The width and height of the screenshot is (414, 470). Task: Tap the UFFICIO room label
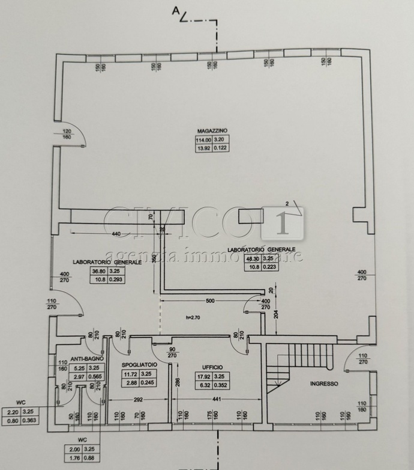coord(212,367)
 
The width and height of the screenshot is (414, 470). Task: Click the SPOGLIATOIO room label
coord(139,365)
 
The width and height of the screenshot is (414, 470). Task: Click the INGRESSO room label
coord(324,383)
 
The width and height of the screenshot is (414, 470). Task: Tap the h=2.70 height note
coord(196,317)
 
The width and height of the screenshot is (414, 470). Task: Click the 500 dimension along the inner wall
coord(209,301)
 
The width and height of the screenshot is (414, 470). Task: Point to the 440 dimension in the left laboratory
coord(116,233)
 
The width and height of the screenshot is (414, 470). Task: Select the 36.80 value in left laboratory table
coord(99,271)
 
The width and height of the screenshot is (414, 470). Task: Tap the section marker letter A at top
coord(176,10)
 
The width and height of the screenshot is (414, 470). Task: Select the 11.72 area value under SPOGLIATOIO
coord(130,374)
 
